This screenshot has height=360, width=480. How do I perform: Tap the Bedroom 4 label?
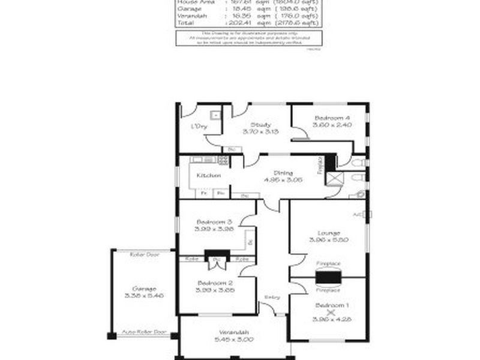pyautogui.click(x=331, y=118)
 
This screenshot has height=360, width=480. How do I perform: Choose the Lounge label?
pyautogui.click(x=329, y=233)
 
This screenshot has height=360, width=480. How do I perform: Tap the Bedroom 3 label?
pyautogui.click(x=209, y=221)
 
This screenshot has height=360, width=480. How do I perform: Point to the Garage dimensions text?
pyautogui.click(x=143, y=295)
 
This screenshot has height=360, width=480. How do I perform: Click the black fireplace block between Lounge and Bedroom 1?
pyautogui.click(x=329, y=277)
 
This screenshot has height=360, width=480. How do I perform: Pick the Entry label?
pyautogui.click(x=272, y=298)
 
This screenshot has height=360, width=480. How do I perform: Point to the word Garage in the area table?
pyautogui.click(x=186, y=10)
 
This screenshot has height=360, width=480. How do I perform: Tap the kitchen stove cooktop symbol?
pyautogui.click(x=223, y=160)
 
